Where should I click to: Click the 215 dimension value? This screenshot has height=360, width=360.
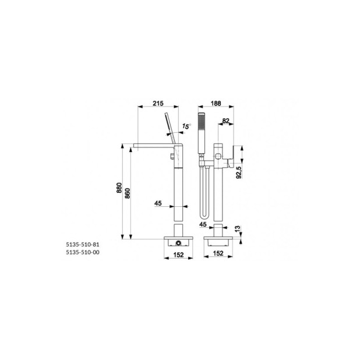click(158, 104)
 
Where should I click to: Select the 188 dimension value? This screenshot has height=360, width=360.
click(216, 104)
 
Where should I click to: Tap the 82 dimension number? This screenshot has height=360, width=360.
click(225, 121)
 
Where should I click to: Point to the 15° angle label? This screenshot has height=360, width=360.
click(186, 126)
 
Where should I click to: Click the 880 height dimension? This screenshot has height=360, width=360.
click(119, 188)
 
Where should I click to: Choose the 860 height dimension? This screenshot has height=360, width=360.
click(128, 193)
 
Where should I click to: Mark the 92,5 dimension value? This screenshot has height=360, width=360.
click(239, 172)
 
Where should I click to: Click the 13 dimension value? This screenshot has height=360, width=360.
click(238, 228)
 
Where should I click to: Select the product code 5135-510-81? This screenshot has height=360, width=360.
click(83, 245)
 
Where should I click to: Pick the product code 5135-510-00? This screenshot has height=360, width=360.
click(83, 252)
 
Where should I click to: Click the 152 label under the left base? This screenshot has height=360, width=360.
click(178, 255)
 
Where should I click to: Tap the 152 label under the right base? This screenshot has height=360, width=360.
click(218, 253)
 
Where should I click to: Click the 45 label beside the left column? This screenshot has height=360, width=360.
click(158, 203)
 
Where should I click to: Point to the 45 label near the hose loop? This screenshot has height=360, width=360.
click(203, 224)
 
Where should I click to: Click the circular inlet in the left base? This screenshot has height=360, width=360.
click(178, 243)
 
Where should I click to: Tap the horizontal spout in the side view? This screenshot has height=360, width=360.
click(154, 146)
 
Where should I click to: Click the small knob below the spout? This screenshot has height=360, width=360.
click(172, 156)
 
